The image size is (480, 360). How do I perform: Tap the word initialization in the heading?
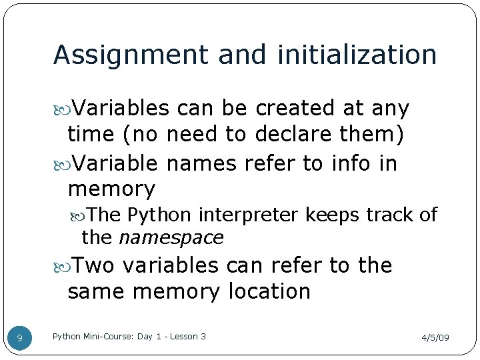tap(348, 55)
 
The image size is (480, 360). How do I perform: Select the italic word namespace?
tap(171, 237)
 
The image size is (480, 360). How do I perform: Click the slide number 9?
tap(19, 339)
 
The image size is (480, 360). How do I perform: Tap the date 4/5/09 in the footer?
tap(435, 338)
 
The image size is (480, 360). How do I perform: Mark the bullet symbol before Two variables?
tap(63, 266)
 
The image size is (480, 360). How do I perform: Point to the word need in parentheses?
tap(193, 135)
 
